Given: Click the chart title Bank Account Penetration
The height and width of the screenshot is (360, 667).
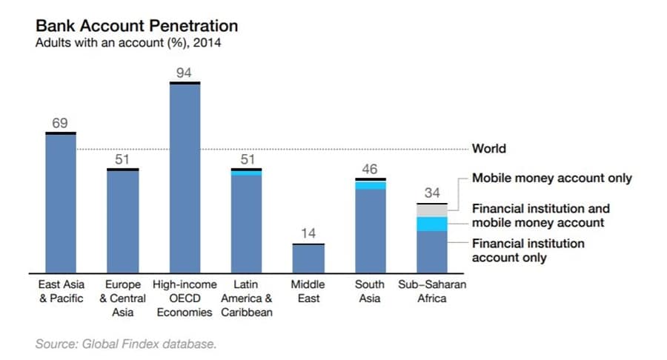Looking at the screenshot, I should click(x=137, y=26).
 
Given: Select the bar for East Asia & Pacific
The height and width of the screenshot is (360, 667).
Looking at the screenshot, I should click(x=61, y=204).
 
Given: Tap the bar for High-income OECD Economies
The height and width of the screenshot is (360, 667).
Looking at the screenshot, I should click(x=185, y=178).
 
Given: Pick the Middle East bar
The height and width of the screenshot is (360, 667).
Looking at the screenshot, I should click(x=308, y=258).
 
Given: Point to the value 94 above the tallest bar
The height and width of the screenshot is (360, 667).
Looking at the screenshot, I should click(x=185, y=73).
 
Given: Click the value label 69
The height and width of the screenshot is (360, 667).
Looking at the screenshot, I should click(x=60, y=123).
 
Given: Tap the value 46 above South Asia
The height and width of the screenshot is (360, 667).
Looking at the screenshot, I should click(x=370, y=170).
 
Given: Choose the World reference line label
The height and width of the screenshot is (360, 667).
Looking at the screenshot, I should click(x=489, y=149).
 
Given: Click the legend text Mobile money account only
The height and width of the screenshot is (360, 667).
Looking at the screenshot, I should click(x=552, y=178).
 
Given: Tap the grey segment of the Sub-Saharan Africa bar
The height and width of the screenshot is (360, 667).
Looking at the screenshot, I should click(x=431, y=210).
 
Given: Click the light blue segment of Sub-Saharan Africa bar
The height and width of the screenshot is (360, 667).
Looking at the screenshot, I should click(x=431, y=224).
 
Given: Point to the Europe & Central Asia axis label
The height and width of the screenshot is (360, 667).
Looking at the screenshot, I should click(x=122, y=298).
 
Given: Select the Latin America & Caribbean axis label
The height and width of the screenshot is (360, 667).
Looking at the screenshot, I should click(x=246, y=298).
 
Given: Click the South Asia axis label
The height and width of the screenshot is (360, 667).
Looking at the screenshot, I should click(x=370, y=291).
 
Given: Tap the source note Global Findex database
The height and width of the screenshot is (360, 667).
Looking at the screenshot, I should click(x=126, y=344).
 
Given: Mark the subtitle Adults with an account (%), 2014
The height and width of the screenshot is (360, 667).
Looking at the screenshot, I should click(x=128, y=43).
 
